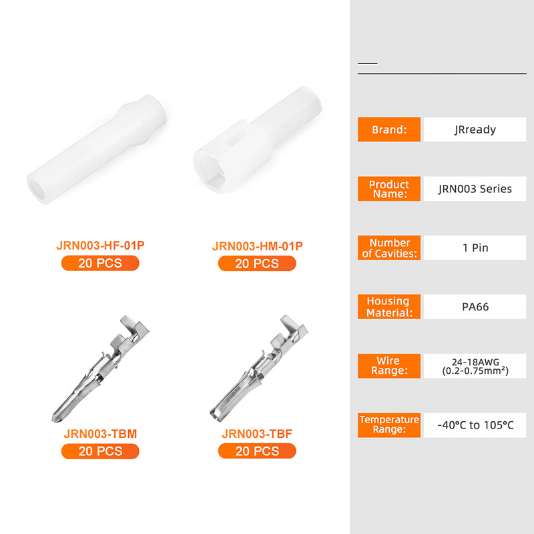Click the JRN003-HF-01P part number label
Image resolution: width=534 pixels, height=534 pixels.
[101, 245]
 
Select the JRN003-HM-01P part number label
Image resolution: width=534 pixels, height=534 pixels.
[257, 246]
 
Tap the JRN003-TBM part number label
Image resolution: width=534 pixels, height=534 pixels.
[101, 433]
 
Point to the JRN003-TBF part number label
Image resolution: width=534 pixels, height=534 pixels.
[257, 433]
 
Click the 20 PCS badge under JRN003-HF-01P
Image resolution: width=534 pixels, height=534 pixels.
[100, 263]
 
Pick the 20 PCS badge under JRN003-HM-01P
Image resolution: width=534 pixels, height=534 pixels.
[257, 264]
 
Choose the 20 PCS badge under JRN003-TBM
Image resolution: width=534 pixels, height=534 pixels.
[100, 451]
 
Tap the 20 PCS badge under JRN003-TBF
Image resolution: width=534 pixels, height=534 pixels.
[257, 451]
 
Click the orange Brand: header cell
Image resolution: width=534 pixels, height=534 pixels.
[389, 129]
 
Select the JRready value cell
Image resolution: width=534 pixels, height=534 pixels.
[475, 129]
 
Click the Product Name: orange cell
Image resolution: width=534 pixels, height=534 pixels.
[389, 189]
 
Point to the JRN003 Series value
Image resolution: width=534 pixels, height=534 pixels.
[475, 189]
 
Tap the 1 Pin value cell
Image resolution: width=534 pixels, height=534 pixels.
[475, 248]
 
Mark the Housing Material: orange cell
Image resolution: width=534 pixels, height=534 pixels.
[389, 306]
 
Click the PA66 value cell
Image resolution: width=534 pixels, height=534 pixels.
[475, 306]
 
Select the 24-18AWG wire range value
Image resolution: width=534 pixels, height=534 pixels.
[475, 366]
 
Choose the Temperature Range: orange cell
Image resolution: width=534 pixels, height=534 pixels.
[389, 425]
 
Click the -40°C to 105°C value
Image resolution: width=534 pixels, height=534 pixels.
[475, 425]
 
